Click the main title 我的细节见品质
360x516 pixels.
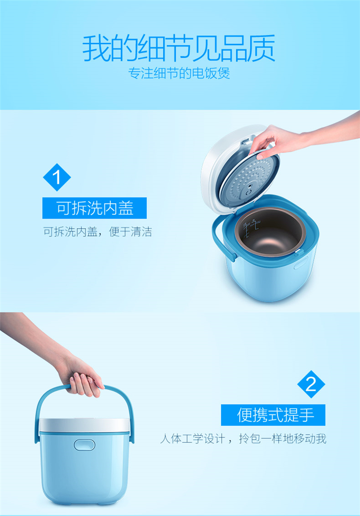179,49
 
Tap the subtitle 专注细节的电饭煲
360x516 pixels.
179,73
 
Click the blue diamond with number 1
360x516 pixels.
57,177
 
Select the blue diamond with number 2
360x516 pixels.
311,384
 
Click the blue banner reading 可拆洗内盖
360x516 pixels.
95,208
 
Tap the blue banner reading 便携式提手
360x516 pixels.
273,415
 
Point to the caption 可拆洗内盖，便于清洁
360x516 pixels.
97,232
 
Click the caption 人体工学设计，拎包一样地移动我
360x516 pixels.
243,439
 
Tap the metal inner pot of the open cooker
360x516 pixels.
270,233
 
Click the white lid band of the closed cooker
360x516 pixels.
84,425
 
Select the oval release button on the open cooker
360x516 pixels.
301,263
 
